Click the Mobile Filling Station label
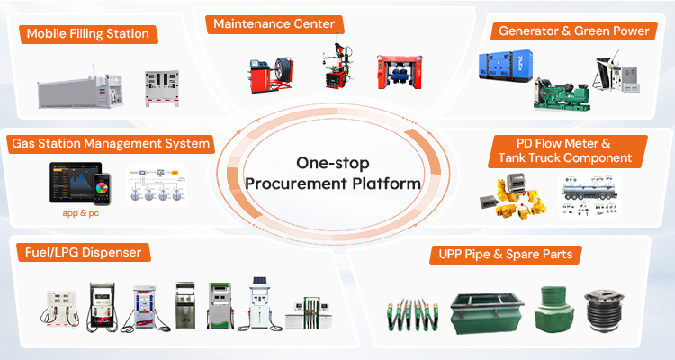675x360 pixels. point(88,34)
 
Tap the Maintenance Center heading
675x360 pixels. point(274,23)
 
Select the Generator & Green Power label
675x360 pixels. point(574,31)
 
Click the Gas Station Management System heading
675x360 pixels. point(111,143)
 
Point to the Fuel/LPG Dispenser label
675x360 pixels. point(84,252)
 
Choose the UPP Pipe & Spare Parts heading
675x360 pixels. point(506,254)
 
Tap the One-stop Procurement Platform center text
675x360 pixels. point(333,173)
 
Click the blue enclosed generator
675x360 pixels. point(506,65)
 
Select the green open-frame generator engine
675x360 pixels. point(561,94)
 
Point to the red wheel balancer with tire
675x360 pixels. point(271,76)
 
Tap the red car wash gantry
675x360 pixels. point(400,72)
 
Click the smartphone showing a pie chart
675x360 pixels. point(103,189)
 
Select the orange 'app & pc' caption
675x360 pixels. point(80,213)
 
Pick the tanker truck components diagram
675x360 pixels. point(589,195)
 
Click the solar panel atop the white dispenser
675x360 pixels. point(259,280)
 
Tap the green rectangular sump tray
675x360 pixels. point(487,314)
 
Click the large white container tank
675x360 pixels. point(80,90)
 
